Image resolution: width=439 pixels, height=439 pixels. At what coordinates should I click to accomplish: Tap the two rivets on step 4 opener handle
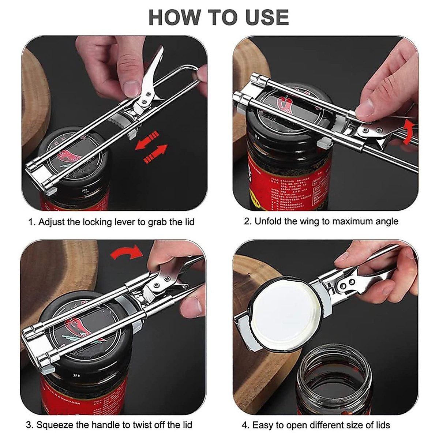pos(348,284)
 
